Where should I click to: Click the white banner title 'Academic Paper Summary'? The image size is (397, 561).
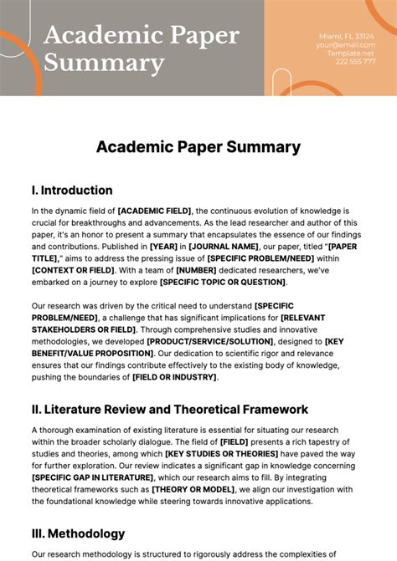pos(141,48)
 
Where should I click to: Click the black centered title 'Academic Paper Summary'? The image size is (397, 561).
pos(198,147)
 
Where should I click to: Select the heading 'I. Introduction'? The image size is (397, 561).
pos(72,191)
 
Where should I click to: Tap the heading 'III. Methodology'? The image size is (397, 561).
pos(78,533)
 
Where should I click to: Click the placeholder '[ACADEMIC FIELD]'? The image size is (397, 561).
pos(155,212)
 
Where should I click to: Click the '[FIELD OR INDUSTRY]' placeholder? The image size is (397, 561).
pos(174,377)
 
